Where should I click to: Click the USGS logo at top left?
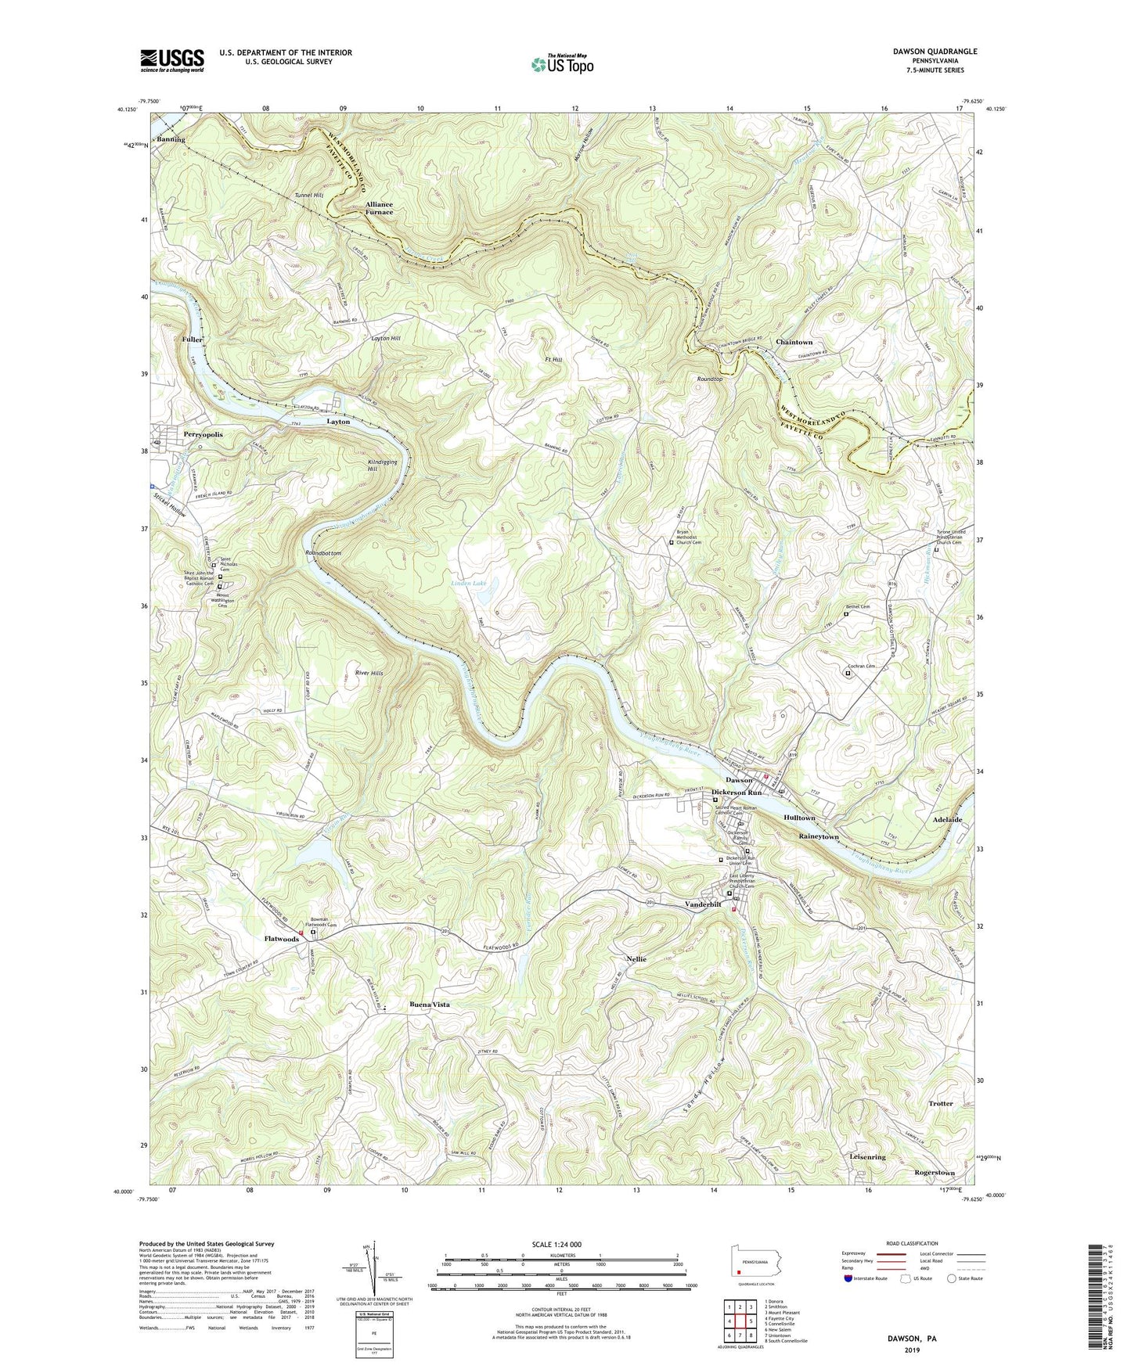point(171,60)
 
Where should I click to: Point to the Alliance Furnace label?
point(379,207)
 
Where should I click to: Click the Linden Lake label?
point(469,583)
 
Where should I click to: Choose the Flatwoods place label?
point(281,938)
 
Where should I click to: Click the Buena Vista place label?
point(430,1004)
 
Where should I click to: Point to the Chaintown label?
point(794,342)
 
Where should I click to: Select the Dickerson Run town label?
point(736,793)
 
